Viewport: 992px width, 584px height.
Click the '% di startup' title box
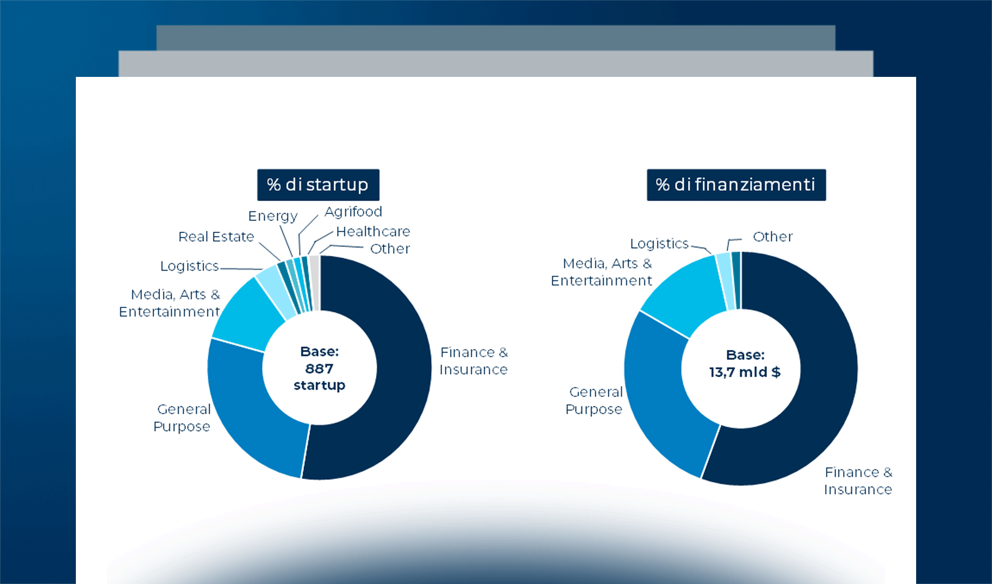point(318,185)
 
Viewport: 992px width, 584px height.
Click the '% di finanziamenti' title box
point(736,185)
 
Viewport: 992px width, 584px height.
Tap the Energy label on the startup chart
point(273,216)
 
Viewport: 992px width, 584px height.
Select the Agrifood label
point(354,212)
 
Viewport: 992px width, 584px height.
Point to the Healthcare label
point(373,232)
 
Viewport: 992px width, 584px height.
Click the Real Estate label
point(216,237)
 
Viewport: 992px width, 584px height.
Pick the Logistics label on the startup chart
point(190,266)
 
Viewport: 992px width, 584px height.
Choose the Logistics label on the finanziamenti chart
point(659,243)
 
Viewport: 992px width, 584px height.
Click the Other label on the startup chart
point(390,249)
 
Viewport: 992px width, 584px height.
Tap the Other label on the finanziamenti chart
point(773,237)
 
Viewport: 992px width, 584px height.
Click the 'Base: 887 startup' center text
point(319,368)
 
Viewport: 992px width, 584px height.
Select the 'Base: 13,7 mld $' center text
point(745,364)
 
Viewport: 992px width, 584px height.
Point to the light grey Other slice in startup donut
point(315,282)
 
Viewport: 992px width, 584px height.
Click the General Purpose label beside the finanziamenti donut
point(594,401)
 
